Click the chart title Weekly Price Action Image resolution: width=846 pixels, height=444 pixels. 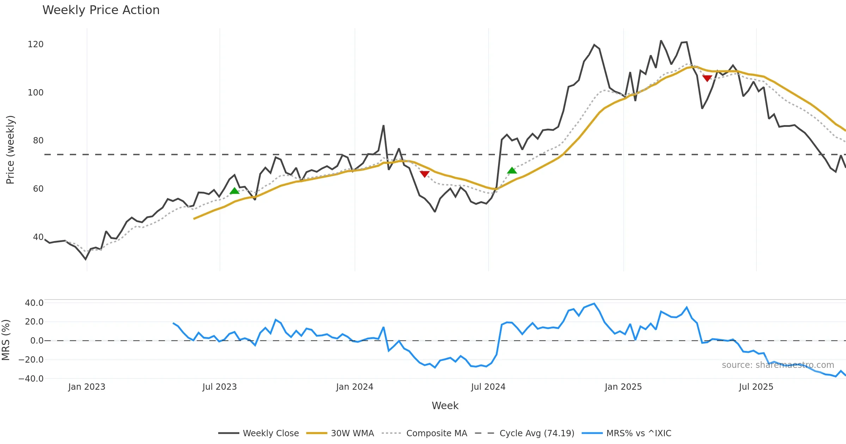pos(101,10)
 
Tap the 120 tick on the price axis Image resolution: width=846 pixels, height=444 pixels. pos(36,44)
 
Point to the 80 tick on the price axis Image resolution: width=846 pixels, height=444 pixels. pos(38,141)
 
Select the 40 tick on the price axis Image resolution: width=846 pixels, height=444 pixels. pos(38,237)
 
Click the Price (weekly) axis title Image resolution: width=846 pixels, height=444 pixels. pos(10,150)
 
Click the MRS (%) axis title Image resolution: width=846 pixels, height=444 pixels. pos(6,340)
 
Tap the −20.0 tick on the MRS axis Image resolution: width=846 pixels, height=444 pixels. pos(31,360)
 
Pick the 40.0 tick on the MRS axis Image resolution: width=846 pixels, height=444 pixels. pos(34,303)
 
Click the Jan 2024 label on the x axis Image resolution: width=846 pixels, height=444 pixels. pos(355,387)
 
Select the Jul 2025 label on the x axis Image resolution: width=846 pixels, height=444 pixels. pos(756,387)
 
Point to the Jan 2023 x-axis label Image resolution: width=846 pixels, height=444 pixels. pos(87,387)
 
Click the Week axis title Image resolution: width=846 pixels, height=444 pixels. pos(445,406)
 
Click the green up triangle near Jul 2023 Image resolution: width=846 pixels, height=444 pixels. pos(234,191)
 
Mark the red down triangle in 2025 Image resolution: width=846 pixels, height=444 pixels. pos(707,78)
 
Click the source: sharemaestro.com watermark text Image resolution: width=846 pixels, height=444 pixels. pos(778,365)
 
